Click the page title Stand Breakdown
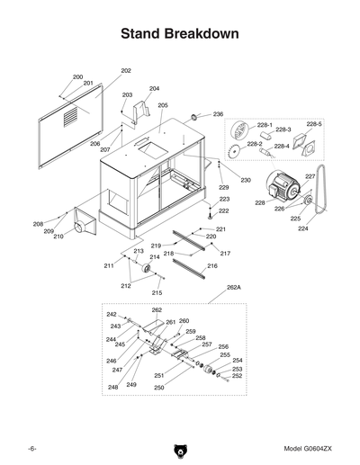tap(180, 34)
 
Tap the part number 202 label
tap(126, 70)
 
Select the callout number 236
tap(218, 114)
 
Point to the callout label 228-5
tap(314, 123)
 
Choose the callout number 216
tap(212, 266)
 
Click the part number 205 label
tap(163, 105)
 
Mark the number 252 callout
tap(238, 377)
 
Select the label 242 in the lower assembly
tap(112, 315)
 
